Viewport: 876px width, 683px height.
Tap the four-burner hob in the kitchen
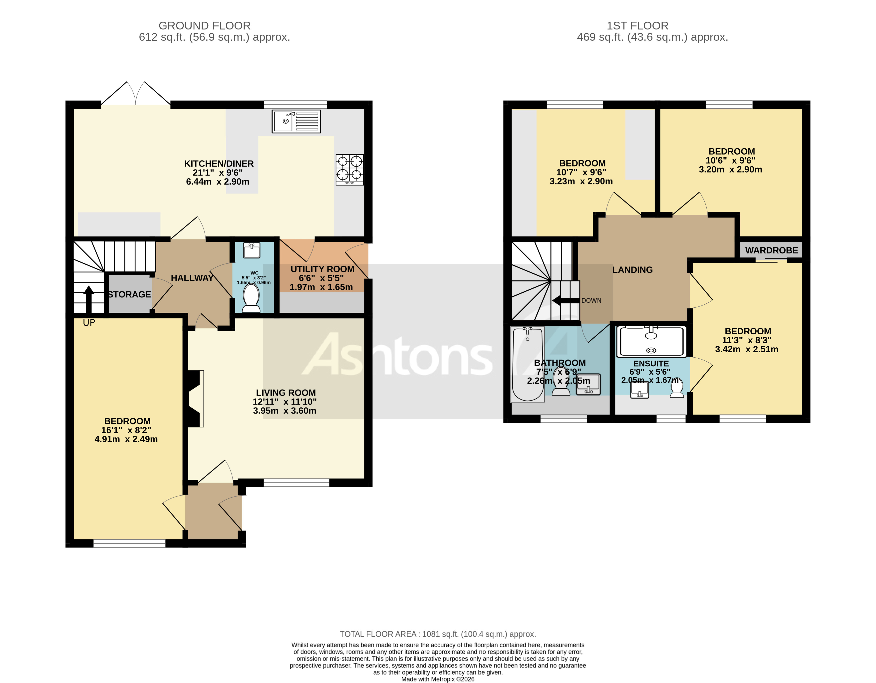pos(349,170)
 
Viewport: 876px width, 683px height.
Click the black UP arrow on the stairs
pos(89,299)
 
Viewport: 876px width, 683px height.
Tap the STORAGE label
pos(130,294)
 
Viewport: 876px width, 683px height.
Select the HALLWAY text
pos(192,278)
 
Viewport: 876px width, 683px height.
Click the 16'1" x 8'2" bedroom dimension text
pos(126,430)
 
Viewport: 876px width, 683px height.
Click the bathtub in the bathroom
pos(528,364)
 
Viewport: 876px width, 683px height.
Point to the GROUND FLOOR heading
pos(205,26)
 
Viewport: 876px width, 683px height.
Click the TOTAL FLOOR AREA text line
pos(438,634)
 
